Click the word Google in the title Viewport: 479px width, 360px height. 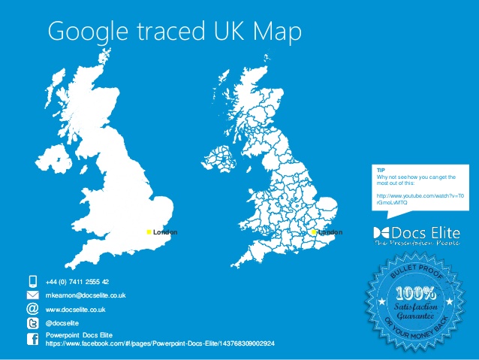[84, 32]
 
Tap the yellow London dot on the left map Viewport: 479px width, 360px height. [149, 232]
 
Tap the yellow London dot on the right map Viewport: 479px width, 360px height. [314, 232]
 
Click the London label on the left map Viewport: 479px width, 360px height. [165, 232]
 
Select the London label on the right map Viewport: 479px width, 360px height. [330, 232]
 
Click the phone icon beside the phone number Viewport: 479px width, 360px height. [32, 281]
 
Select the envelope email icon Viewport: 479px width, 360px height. [32, 295]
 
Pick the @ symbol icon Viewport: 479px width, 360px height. [32, 308]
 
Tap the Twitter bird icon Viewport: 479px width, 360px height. [32, 322]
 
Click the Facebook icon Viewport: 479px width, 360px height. [32, 339]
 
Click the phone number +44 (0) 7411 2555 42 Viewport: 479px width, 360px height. [77, 281]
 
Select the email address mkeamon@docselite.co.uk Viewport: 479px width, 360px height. [86, 295]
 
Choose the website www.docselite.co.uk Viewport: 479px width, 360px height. [75, 309]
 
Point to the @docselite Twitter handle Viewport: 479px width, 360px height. [62, 322]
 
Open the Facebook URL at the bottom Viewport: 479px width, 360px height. [160, 343]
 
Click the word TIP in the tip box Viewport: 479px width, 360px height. [380, 171]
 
